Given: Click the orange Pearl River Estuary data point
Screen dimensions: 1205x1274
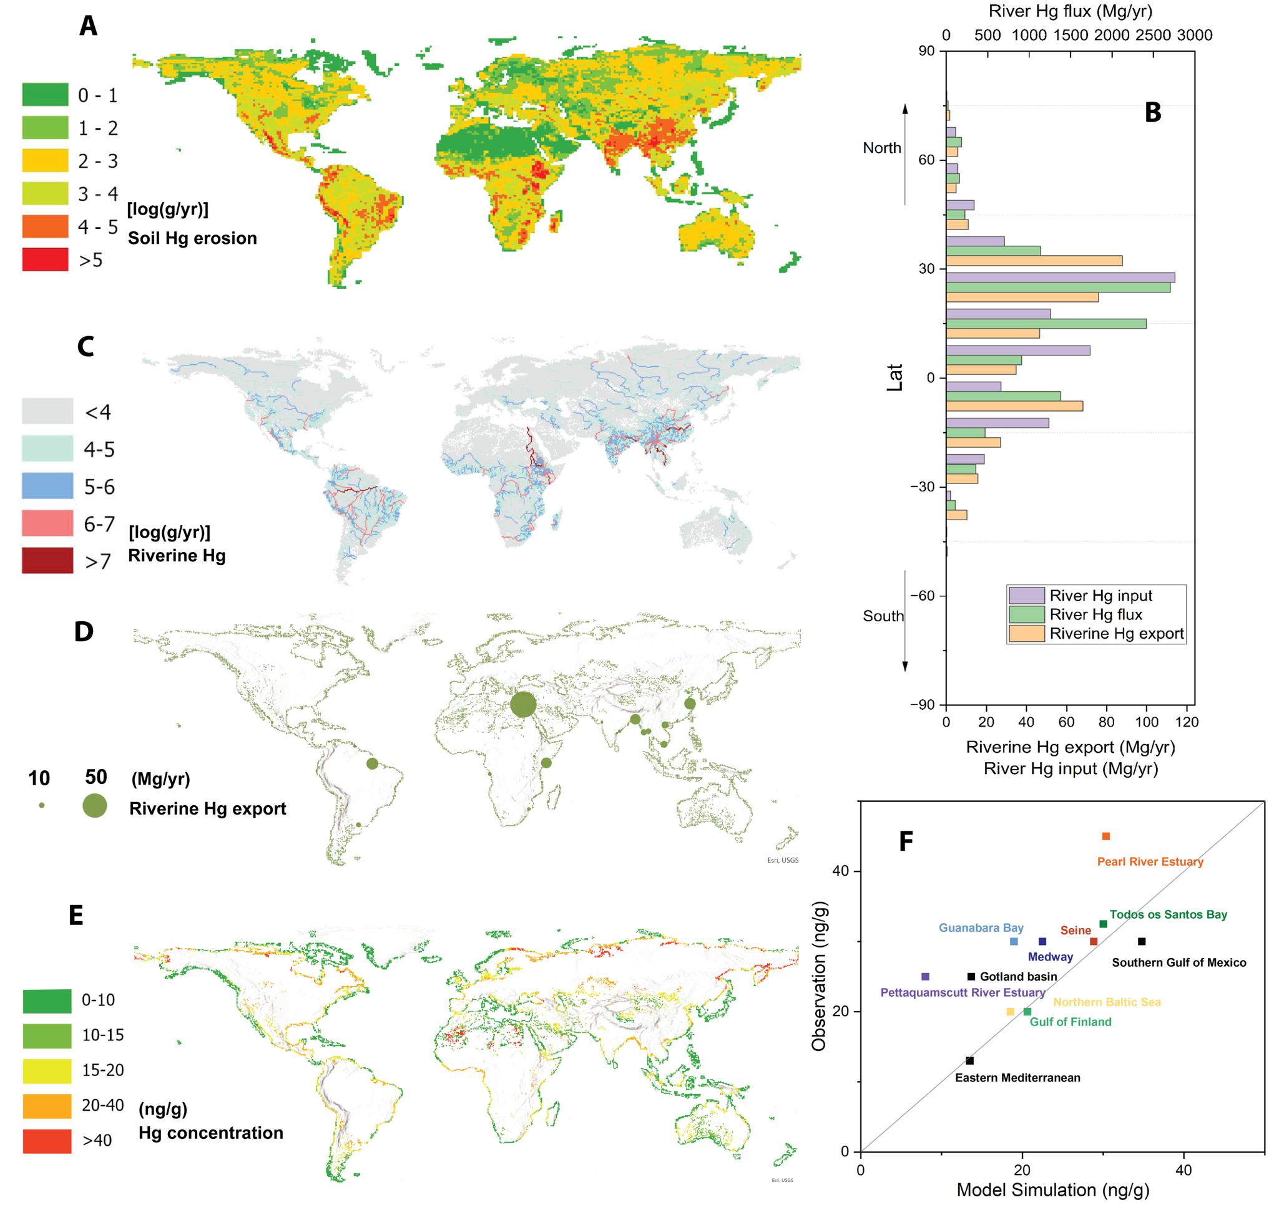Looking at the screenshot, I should click(x=1105, y=836).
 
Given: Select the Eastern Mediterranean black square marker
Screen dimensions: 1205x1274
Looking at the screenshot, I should click(x=969, y=1060).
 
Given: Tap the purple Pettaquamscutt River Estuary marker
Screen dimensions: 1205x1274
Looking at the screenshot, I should click(x=925, y=976).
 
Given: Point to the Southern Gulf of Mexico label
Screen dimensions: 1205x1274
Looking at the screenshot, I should click(x=1179, y=962).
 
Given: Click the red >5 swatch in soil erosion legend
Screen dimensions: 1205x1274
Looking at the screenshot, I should click(x=45, y=259).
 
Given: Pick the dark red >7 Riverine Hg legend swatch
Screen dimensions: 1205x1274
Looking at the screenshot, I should click(x=47, y=561).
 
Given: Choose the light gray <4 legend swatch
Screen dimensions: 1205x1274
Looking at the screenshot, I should click(x=47, y=411).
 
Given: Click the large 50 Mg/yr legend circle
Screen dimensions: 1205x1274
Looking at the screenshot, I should click(x=95, y=805).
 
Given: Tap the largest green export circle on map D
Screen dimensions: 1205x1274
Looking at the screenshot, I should click(x=522, y=705).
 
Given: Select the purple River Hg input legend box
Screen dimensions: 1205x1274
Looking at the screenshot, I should click(x=1026, y=595).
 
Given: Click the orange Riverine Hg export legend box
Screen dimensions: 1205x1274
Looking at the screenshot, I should click(x=1026, y=633).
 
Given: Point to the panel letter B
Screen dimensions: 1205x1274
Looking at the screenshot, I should click(x=1152, y=112).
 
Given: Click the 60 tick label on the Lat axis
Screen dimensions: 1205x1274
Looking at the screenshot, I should click(x=926, y=160).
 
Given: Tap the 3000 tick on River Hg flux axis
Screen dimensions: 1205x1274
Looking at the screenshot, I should click(x=1194, y=36).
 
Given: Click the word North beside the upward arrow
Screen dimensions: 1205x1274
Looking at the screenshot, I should click(x=882, y=148).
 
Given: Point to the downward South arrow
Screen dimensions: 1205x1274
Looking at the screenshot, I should click(x=905, y=620).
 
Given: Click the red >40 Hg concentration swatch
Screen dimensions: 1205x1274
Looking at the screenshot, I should click(x=47, y=1141).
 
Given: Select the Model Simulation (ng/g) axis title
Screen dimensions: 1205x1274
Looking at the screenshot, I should click(x=1053, y=1189).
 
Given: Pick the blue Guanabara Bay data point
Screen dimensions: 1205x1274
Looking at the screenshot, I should click(x=1014, y=942).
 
